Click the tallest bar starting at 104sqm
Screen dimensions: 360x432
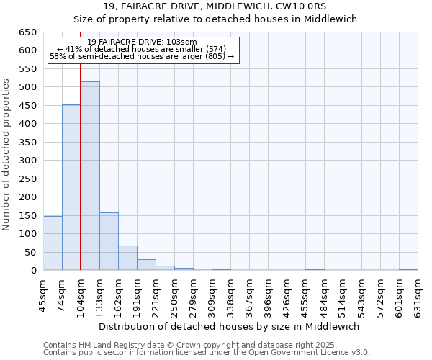pos(90,176)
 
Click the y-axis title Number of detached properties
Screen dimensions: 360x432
pos(7,151)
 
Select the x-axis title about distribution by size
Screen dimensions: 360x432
pos(230,326)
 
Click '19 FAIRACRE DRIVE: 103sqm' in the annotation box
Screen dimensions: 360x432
pos(142,42)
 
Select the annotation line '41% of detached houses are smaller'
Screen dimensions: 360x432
pos(142,49)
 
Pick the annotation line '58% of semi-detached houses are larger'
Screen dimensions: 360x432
pos(142,56)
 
